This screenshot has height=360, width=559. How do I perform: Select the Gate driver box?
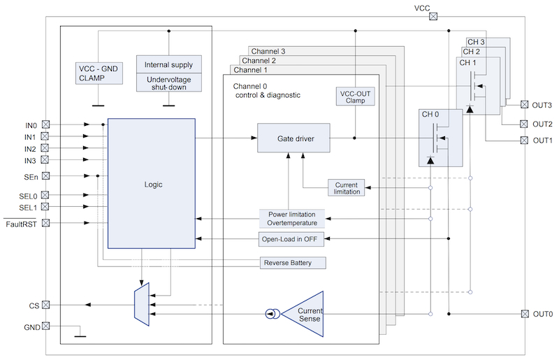[x=293, y=138]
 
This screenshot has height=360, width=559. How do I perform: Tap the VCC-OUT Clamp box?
[x=356, y=96]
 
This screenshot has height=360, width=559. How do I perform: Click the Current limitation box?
[x=347, y=188]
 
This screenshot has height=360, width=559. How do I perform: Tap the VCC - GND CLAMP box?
[x=98, y=73]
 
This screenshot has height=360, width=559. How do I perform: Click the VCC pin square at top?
[x=433, y=17]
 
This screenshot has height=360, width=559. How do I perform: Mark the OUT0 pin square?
[x=525, y=315]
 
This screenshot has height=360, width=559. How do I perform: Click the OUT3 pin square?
[x=525, y=106]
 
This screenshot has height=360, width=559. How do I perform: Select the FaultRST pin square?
[x=46, y=224]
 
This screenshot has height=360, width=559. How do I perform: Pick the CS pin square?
[x=46, y=305]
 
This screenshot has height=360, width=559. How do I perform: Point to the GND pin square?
[x=46, y=326]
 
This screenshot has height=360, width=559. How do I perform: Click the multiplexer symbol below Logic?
[x=141, y=305]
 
